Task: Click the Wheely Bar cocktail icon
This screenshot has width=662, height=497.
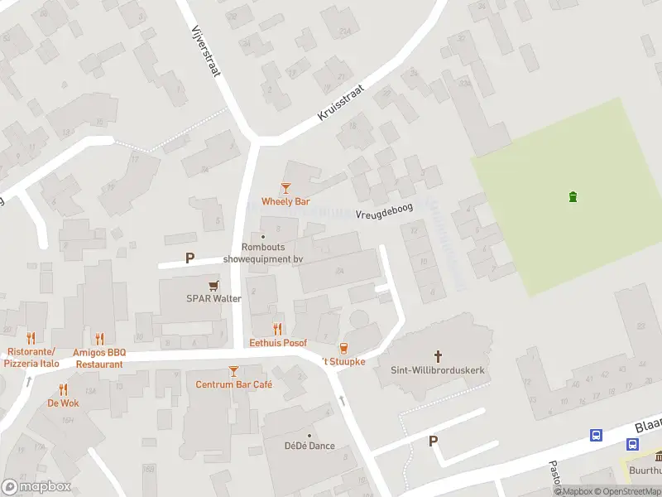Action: (285, 188)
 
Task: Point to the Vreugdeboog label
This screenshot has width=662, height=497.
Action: (384, 213)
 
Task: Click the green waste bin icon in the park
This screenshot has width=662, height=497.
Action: (573, 196)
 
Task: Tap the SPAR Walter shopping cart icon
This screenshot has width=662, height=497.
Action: (213, 285)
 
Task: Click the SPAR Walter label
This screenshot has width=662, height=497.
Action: (213, 299)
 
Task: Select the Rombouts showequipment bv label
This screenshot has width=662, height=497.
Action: (262, 253)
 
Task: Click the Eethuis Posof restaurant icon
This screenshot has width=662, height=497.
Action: (278, 329)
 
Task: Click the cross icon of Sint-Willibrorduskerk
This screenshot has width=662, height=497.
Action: (438, 355)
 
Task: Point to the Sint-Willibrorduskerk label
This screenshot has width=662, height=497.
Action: (438, 369)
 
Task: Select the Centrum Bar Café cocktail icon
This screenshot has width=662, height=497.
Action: (233, 371)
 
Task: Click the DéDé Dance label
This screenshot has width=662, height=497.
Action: (309, 446)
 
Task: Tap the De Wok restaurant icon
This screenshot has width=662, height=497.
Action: (63, 389)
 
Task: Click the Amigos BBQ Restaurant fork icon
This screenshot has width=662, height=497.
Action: (99, 338)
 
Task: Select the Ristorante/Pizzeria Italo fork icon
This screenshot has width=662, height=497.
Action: (31, 338)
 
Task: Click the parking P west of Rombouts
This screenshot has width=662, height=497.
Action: (189, 258)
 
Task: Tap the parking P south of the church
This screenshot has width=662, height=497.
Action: (433, 442)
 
